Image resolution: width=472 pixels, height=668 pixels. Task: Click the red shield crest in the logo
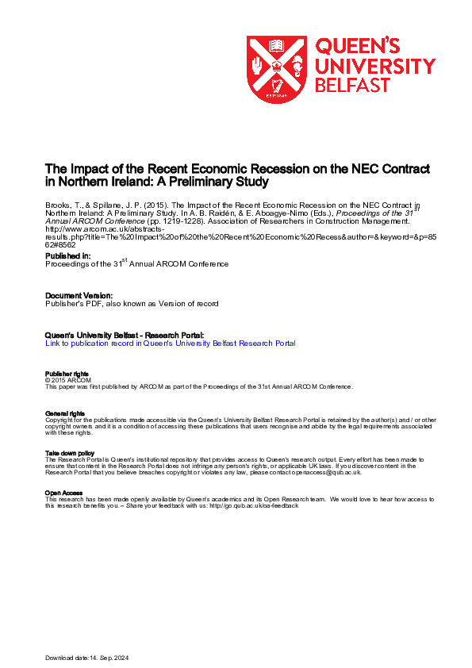click(x=276, y=69)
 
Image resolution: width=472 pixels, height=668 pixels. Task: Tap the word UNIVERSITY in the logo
click(x=375, y=66)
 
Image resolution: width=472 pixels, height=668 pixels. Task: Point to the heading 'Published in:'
click(x=67, y=256)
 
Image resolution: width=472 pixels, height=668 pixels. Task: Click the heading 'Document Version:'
click(x=78, y=295)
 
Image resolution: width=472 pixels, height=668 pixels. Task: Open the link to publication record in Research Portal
click(x=171, y=344)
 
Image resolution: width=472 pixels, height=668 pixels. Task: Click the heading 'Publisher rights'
click(x=67, y=374)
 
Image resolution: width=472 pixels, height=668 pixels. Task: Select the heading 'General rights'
click(x=65, y=414)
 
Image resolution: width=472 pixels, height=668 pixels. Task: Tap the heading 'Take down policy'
click(x=70, y=453)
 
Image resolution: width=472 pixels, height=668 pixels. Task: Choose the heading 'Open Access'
click(x=63, y=493)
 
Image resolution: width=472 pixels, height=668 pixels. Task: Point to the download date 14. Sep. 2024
click(x=108, y=658)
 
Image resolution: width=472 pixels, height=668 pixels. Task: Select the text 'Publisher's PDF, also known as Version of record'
click(x=132, y=303)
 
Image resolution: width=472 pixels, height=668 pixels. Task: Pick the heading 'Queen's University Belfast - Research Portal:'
click(x=125, y=336)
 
